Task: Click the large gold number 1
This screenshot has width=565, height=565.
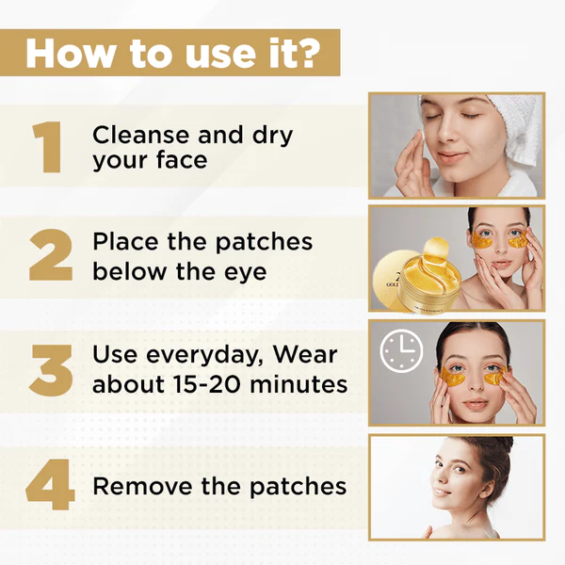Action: click(46, 147)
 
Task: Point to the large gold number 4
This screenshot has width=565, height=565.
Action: click(49, 485)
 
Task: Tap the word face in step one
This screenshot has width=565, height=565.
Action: click(177, 161)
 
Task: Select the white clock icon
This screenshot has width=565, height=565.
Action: click(401, 351)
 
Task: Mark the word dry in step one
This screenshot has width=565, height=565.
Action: click(272, 135)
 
